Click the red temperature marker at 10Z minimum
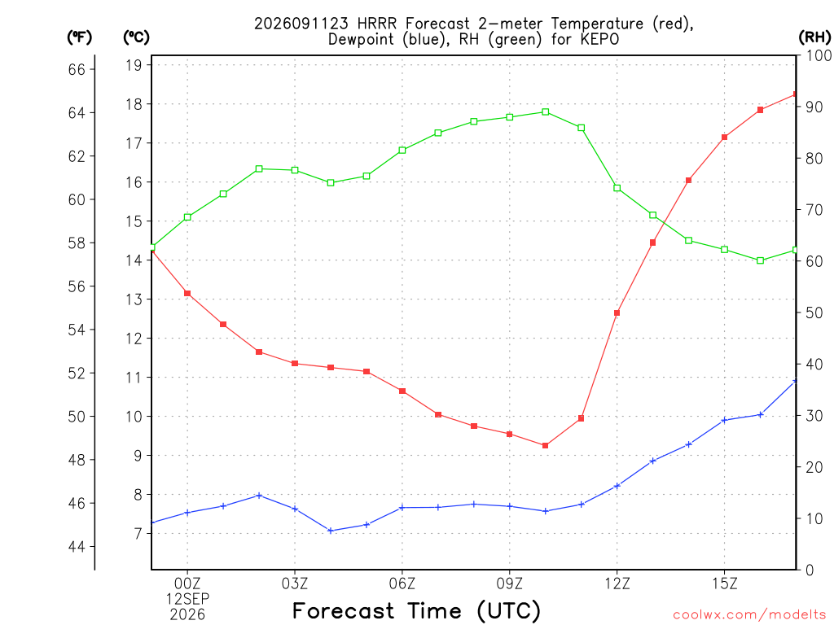click(545, 445)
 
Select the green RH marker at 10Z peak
click(546, 112)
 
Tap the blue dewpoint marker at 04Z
click(331, 531)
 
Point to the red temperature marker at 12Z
click(617, 313)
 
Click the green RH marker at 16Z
click(760, 260)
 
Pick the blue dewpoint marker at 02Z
click(259, 496)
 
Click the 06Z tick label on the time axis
click(402, 583)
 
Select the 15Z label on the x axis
click(724, 583)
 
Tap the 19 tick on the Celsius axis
click(134, 65)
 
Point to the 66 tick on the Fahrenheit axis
click(77, 69)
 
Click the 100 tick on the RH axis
click(819, 55)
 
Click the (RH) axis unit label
click(814, 37)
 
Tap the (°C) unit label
click(136, 37)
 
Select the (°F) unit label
click(79, 37)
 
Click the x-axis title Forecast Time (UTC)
click(416, 610)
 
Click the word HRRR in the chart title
click(377, 24)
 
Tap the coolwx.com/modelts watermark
click(749, 615)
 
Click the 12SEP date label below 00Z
click(187, 599)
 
